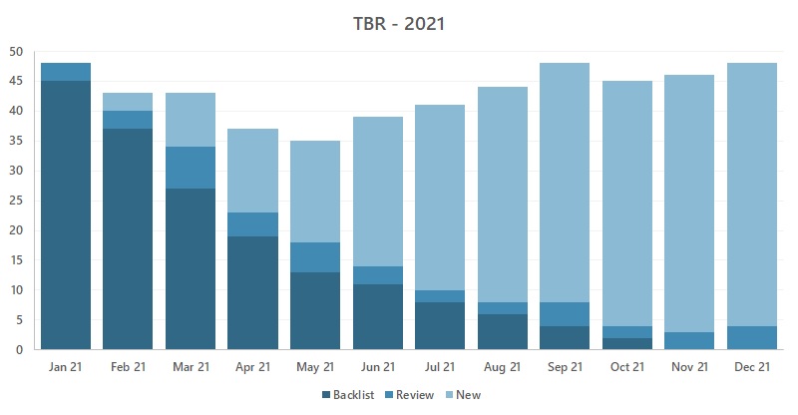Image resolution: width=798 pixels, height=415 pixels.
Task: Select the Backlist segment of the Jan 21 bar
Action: pyautogui.click(x=66, y=214)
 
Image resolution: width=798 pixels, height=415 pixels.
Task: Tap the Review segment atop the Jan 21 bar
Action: pyautogui.click(x=66, y=72)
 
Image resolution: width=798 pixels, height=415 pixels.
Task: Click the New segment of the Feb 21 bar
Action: pyautogui.click(x=128, y=102)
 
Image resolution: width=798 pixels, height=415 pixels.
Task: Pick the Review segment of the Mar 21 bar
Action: pyautogui.click(x=191, y=168)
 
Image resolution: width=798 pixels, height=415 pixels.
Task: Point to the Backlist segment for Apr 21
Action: pyautogui.click(x=253, y=292)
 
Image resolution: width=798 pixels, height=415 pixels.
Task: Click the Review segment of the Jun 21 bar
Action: pyautogui.click(x=378, y=275)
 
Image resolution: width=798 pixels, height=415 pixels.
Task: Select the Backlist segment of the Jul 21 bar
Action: pyautogui.click(x=440, y=326)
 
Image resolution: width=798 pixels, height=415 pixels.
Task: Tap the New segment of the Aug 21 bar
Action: pyautogui.click(x=503, y=195)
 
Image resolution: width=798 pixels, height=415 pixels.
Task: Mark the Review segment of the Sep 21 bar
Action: pyautogui.click(x=565, y=314)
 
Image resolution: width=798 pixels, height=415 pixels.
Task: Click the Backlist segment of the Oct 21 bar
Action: pyautogui.click(x=627, y=344)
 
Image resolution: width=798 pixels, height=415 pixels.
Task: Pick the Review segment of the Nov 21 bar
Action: pyautogui.click(x=689, y=341)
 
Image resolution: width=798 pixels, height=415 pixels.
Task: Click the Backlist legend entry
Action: pyautogui.click(x=348, y=395)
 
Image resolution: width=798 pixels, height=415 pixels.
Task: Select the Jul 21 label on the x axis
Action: pyautogui.click(x=440, y=367)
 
